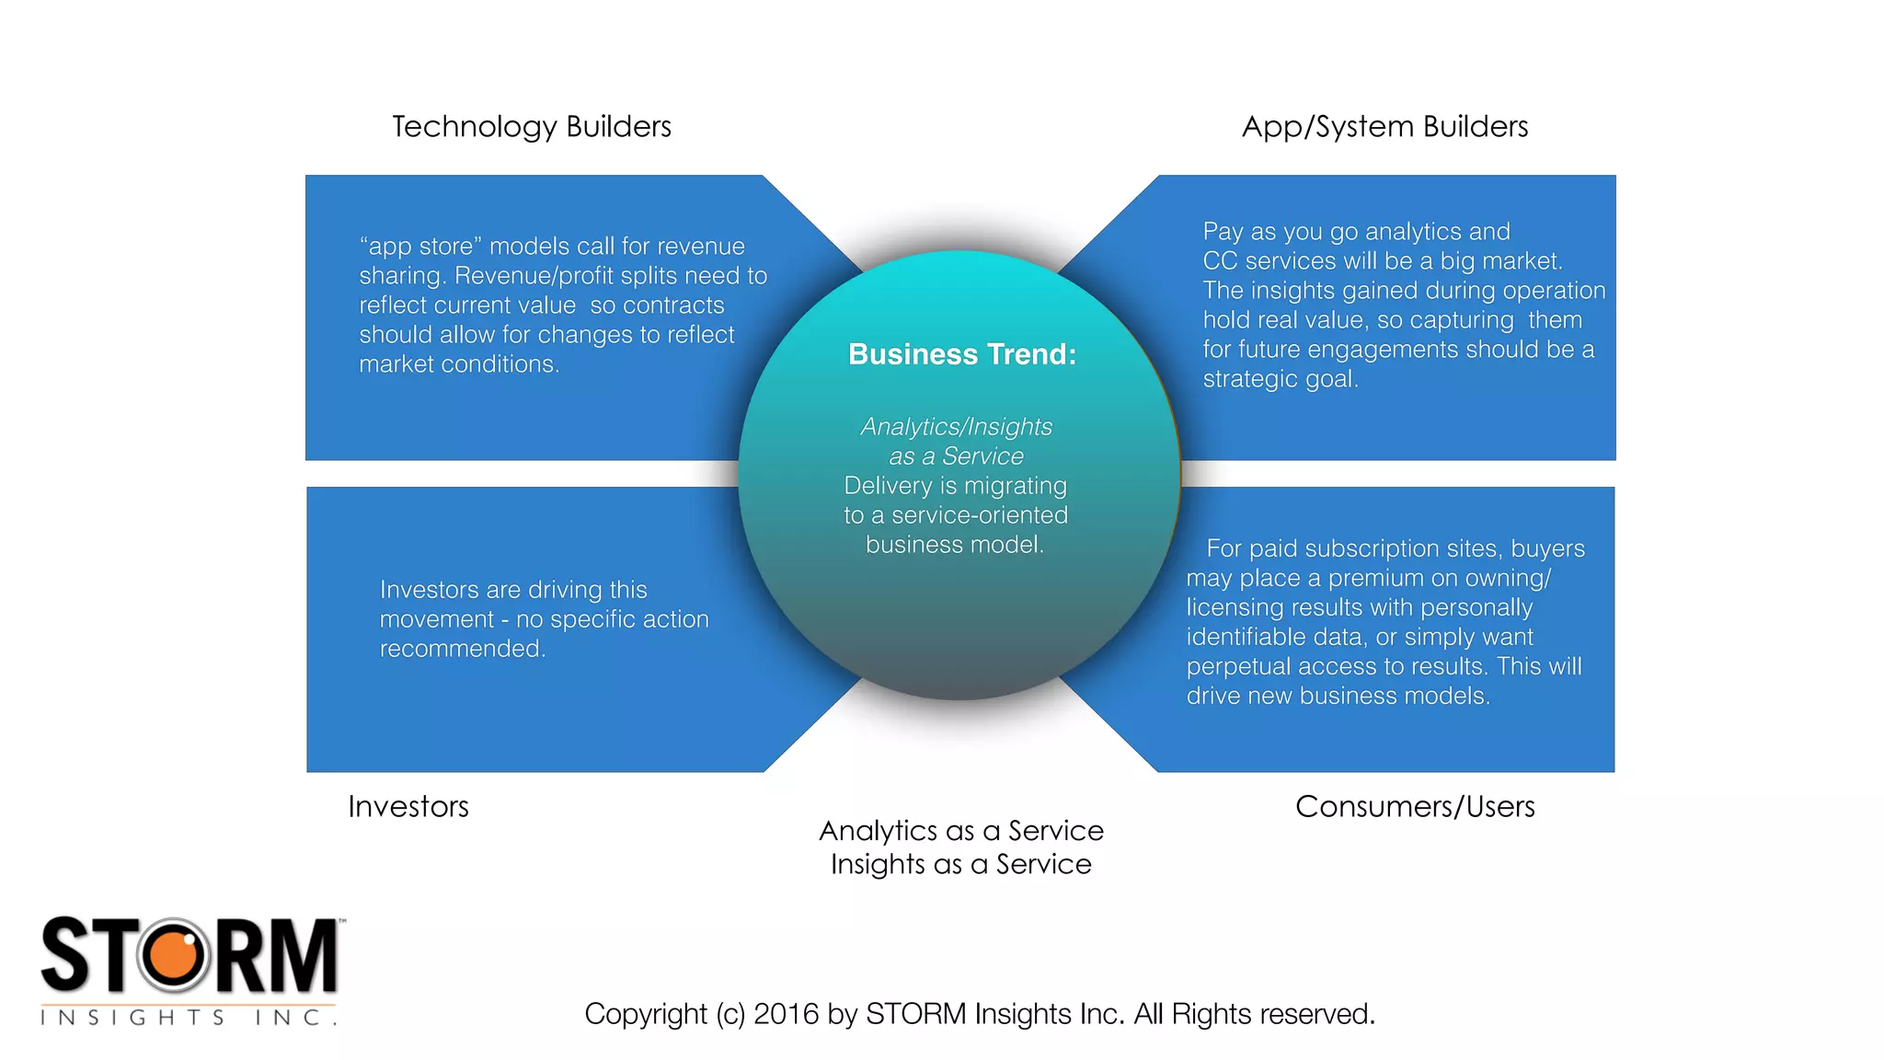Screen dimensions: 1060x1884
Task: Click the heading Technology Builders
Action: (x=532, y=126)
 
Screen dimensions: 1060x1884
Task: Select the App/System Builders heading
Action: (x=1384, y=126)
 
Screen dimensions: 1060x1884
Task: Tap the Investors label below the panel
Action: (x=408, y=806)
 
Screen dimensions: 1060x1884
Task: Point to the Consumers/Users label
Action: (x=1415, y=806)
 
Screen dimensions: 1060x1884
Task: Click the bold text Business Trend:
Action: (x=961, y=354)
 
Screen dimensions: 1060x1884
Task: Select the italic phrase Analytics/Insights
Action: (x=956, y=427)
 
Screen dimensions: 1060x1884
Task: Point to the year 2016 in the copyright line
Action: (x=786, y=1014)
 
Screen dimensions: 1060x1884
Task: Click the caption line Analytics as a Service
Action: (x=960, y=831)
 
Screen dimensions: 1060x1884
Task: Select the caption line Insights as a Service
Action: (x=960, y=864)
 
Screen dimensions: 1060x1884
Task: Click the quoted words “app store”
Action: (x=420, y=247)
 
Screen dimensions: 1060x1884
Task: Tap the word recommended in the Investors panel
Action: (x=462, y=649)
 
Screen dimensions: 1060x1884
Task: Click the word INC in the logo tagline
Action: (x=288, y=1018)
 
